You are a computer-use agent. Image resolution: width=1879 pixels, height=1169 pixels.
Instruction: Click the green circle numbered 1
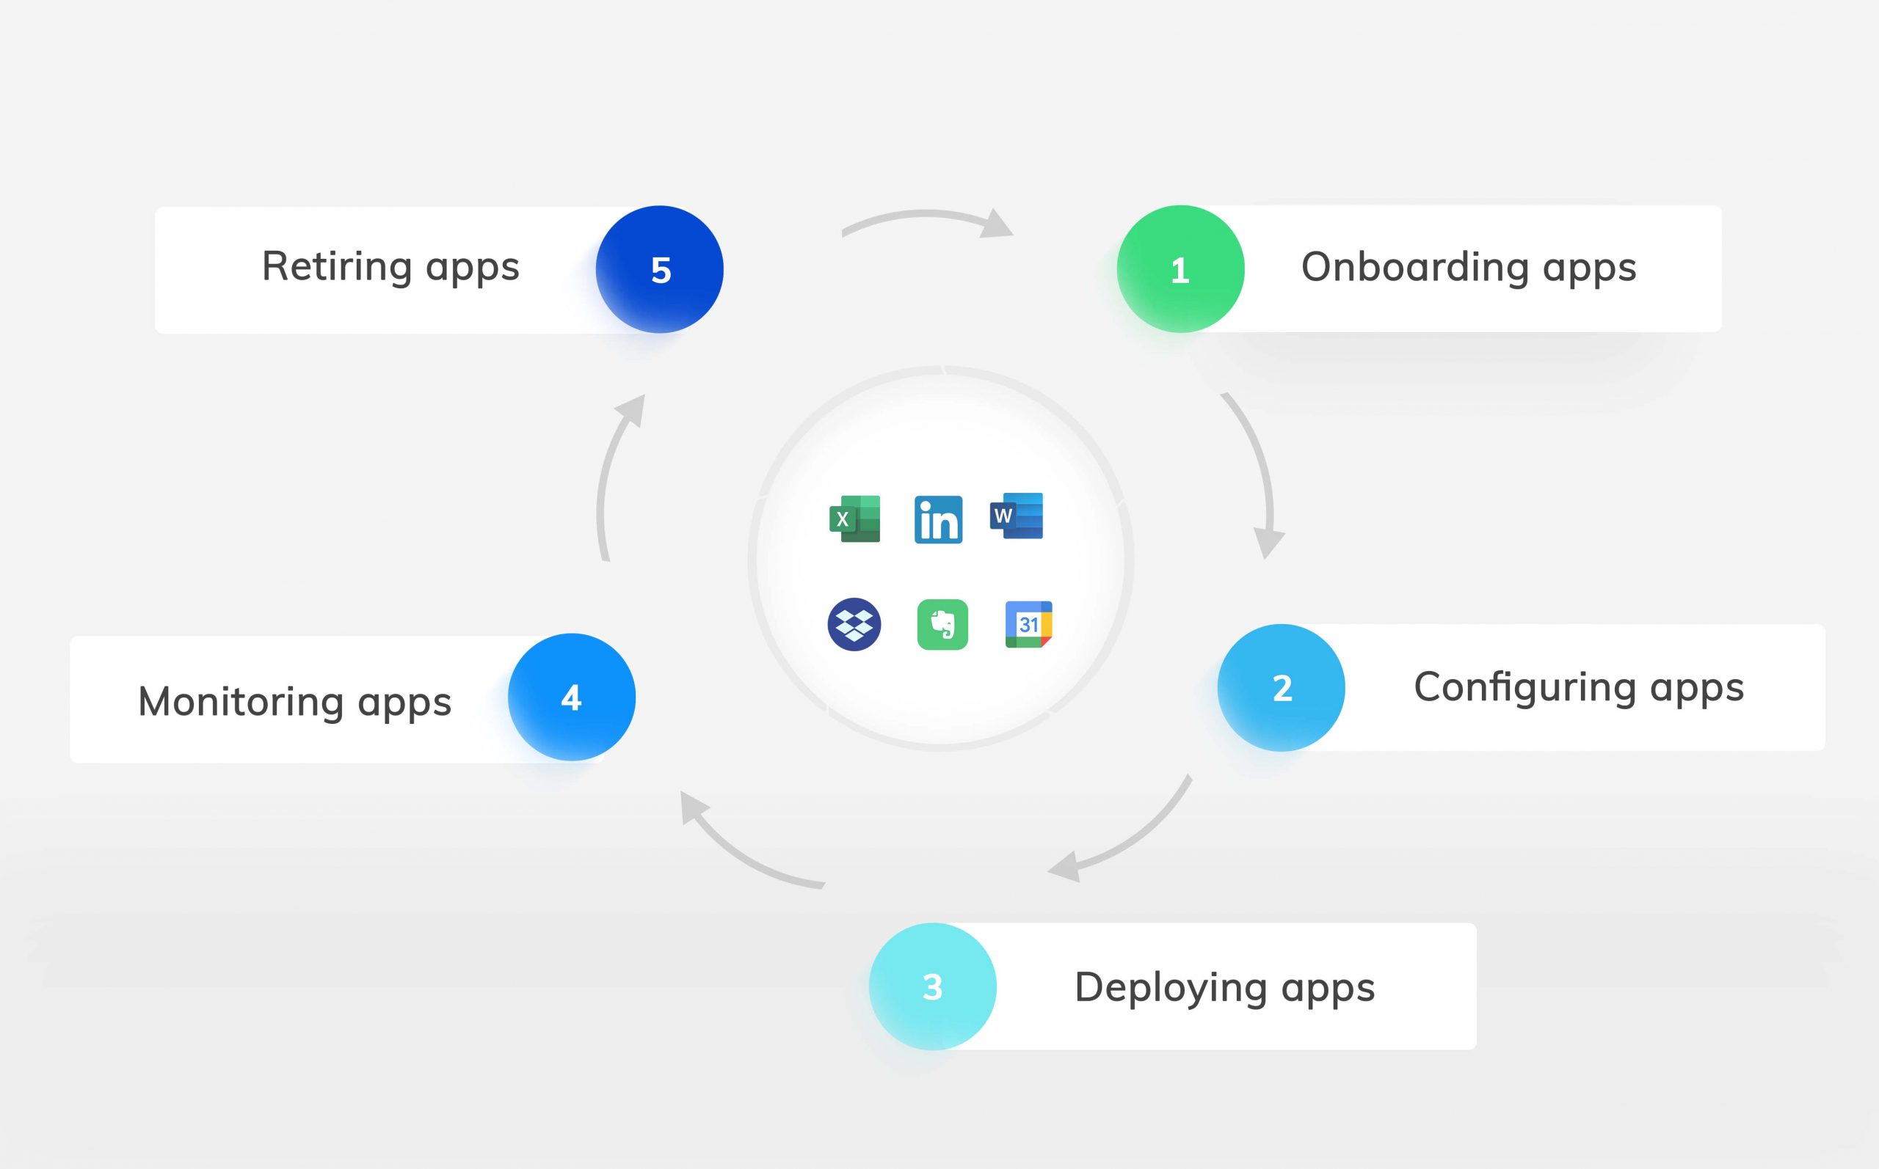pyautogui.click(x=1180, y=269)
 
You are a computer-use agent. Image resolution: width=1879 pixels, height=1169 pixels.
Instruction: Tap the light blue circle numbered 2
pyautogui.click(x=1281, y=687)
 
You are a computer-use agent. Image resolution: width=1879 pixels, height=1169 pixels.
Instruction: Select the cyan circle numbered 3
pyautogui.click(x=932, y=986)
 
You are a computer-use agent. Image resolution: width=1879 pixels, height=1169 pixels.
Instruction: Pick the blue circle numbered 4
pyautogui.click(x=572, y=697)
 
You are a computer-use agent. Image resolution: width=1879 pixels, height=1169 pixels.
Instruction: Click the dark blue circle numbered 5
pyautogui.click(x=659, y=269)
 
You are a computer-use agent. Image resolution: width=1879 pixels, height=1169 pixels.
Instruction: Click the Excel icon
pyautogui.click(x=855, y=518)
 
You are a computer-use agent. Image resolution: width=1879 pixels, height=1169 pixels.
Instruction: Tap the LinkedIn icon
pyautogui.click(x=938, y=519)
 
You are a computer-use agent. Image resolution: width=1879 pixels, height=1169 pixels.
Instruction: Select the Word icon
pyautogui.click(x=1017, y=516)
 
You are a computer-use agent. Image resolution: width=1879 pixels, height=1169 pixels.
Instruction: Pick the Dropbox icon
pyautogui.click(x=854, y=624)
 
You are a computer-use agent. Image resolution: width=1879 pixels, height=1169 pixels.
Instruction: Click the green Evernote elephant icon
pyautogui.click(x=942, y=624)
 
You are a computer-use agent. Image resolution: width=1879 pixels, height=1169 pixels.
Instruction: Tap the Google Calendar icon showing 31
pyautogui.click(x=1028, y=624)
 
